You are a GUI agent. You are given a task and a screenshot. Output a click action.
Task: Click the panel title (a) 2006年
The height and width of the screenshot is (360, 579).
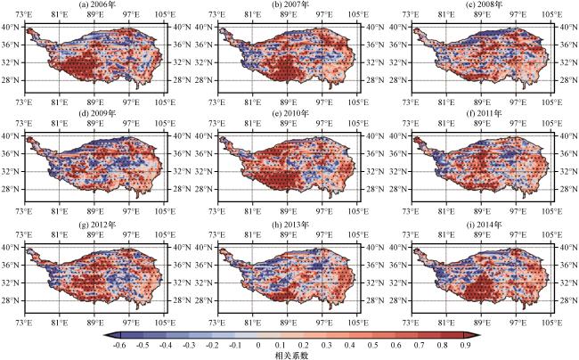96,4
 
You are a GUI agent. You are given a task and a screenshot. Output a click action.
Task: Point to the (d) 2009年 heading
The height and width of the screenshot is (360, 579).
96,113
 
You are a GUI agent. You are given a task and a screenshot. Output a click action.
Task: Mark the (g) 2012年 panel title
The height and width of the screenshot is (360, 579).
96,225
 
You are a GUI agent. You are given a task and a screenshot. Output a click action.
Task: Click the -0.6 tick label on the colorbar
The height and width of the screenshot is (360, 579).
120,346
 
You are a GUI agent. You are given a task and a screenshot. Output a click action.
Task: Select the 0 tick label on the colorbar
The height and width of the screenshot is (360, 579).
258,346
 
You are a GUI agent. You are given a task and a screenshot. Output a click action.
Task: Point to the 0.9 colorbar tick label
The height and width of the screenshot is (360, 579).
465,346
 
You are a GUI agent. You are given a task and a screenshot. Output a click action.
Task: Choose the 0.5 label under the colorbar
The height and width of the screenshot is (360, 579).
373,346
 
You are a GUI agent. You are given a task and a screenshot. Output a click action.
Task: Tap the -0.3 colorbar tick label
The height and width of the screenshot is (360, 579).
189,346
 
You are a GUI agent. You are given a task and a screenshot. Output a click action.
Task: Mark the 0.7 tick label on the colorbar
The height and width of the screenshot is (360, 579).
420,346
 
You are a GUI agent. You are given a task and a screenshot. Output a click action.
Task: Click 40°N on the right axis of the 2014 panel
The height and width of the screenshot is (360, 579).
569,247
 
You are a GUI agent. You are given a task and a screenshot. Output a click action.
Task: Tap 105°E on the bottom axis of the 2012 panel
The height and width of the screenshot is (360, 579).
165,323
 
